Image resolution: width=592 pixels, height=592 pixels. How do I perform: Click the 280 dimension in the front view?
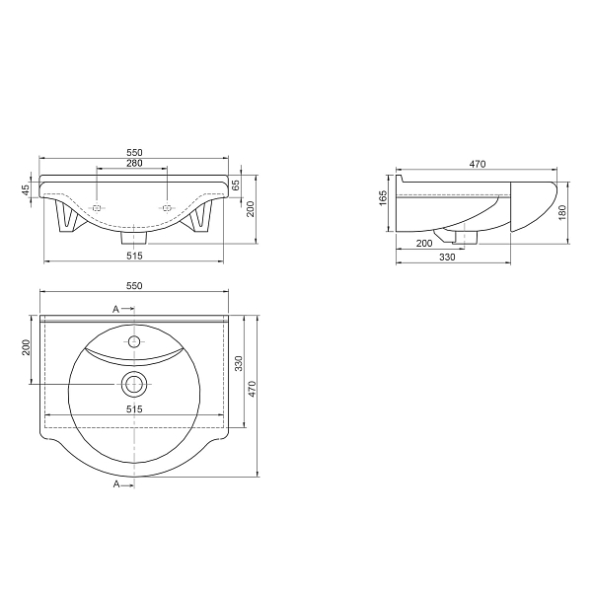click(134, 163)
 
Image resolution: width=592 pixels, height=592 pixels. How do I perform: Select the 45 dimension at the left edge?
click(26, 189)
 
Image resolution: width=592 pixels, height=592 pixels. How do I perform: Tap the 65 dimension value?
click(235, 185)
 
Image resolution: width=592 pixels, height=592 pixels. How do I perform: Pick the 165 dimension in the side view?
click(383, 198)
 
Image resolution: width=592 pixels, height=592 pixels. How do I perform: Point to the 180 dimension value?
click(562, 212)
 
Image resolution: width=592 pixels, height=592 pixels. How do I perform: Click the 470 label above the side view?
click(478, 164)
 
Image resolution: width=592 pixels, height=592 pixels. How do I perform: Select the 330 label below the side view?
click(447, 258)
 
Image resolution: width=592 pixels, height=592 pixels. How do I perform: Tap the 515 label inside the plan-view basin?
click(134, 408)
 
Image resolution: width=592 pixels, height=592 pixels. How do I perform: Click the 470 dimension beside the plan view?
click(252, 389)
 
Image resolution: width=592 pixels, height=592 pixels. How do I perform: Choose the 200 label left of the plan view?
click(26, 347)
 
